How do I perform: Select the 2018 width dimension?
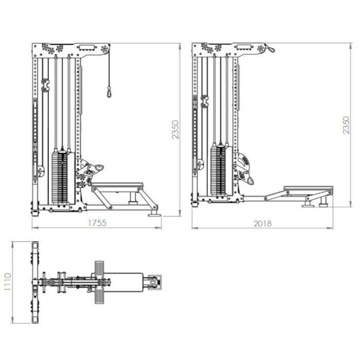(x=262, y=223)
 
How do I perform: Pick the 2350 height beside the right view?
(x=347, y=125)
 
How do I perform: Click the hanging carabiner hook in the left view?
(x=109, y=92)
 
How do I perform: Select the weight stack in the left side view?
(x=60, y=176)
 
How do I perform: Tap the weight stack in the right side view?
(x=218, y=170)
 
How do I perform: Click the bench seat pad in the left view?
(x=117, y=185)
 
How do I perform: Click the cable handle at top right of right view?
(x=269, y=49)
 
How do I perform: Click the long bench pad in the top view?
(x=127, y=282)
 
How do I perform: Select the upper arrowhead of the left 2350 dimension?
(x=180, y=45)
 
